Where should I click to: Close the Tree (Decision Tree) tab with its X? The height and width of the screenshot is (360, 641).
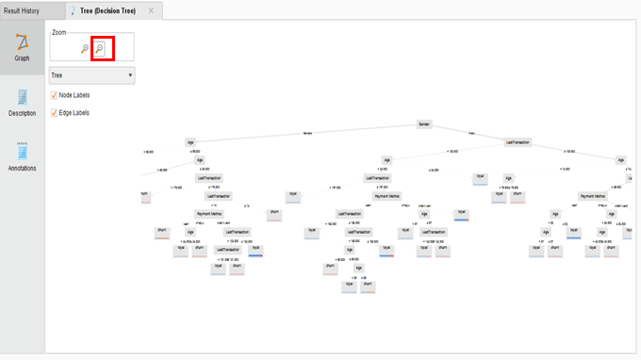[152, 9]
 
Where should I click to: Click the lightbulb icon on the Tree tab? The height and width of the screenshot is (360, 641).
[74, 9]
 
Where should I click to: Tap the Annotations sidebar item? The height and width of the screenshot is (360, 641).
[21, 155]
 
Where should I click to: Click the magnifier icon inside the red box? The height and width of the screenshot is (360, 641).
[102, 48]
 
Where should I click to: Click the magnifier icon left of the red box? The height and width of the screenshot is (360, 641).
[85, 48]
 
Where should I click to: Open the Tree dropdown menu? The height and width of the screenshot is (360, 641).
[90, 74]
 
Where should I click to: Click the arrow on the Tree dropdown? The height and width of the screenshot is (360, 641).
[128, 74]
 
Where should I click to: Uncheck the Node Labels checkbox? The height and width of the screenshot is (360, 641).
[54, 94]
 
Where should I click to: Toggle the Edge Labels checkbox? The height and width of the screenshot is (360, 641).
[54, 112]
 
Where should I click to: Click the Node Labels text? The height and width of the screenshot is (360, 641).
[74, 94]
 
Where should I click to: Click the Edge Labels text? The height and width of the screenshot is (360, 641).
[74, 112]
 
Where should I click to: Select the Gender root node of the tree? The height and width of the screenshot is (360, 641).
[424, 123]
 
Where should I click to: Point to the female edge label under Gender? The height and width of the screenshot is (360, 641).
[306, 133]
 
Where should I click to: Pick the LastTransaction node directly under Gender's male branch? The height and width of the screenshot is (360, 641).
[517, 141]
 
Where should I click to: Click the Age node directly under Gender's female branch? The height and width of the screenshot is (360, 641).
[189, 141]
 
